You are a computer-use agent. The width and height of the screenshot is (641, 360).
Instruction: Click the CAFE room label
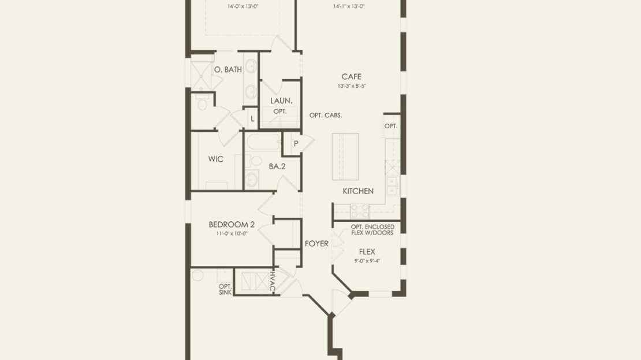(x=351, y=76)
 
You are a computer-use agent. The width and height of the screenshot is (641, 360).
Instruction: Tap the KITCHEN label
(x=358, y=191)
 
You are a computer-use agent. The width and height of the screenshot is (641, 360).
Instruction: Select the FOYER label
(x=316, y=244)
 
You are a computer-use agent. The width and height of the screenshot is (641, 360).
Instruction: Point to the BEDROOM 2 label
(x=232, y=225)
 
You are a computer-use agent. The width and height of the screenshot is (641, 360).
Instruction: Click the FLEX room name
(x=367, y=252)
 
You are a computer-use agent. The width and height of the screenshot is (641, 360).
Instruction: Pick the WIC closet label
(x=215, y=159)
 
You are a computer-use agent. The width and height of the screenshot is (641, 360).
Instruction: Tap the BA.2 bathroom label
(x=277, y=166)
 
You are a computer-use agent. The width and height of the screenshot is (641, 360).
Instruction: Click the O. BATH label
(x=228, y=69)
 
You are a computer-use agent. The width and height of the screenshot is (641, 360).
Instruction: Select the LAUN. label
(x=281, y=101)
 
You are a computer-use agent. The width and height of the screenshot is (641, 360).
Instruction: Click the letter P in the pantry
(x=296, y=143)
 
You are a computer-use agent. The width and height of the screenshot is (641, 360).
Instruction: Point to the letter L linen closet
(x=252, y=119)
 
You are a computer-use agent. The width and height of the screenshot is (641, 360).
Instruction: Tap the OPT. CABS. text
(x=325, y=116)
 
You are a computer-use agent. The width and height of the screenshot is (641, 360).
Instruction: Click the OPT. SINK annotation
(x=225, y=290)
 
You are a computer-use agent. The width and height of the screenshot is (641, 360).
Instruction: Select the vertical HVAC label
(x=272, y=281)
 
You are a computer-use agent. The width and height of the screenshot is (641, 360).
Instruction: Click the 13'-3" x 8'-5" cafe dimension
(x=351, y=86)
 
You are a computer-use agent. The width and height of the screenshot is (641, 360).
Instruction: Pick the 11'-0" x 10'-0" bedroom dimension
(x=232, y=234)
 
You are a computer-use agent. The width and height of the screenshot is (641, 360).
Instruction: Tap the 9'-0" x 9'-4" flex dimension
(x=367, y=261)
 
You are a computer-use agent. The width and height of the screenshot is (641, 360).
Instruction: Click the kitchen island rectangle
(x=345, y=157)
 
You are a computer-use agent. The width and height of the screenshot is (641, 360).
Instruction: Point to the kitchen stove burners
(x=360, y=211)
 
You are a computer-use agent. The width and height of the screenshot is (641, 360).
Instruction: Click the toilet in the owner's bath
(x=202, y=103)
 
